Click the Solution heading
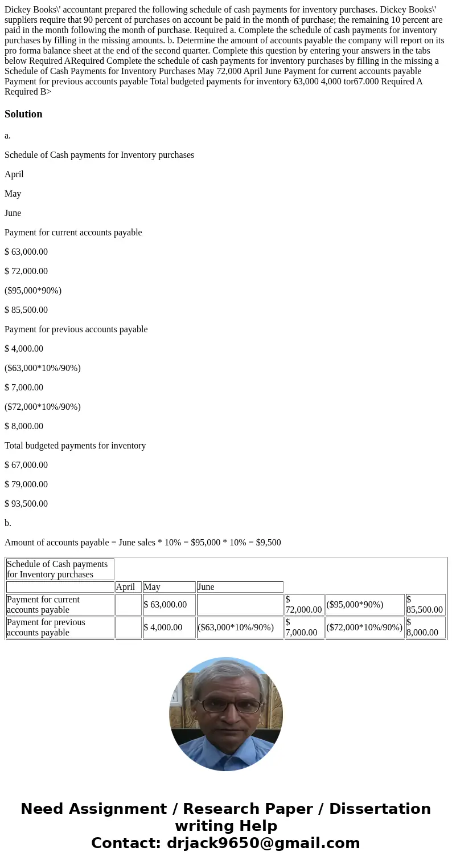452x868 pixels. [x=23, y=114]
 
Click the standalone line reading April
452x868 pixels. [x=14, y=174]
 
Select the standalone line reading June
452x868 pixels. [x=13, y=213]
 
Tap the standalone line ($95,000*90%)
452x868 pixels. [x=33, y=291]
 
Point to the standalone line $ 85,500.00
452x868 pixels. [x=26, y=310]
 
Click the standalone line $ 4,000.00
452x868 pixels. [x=24, y=349]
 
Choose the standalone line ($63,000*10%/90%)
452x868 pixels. [x=43, y=368]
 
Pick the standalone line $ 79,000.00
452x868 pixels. [x=26, y=484]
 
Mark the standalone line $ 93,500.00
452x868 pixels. [x=26, y=504]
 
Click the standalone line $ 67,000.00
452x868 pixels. [x=26, y=465]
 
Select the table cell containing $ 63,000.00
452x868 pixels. [x=169, y=605]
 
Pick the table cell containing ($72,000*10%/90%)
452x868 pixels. [x=364, y=627]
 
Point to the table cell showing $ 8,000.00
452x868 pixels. [x=425, y=627]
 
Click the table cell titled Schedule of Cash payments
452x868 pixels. [x=60, y=569]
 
